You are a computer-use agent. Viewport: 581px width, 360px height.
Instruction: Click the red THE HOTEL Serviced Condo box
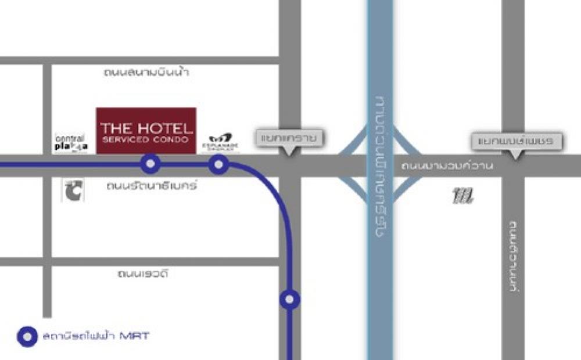[x=146, y=131]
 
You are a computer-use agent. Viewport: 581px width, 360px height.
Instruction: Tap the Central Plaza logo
[x=70, y=143]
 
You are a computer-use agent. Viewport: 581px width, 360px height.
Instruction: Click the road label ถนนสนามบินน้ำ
[x=147, y=73]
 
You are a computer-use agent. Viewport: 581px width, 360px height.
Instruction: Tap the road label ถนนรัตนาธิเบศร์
[x=152, y=186]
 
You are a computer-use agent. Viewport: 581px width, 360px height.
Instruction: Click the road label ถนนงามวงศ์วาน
[x=447, y=167]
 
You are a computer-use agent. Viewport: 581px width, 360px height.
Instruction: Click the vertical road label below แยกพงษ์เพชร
[x=514, y=255]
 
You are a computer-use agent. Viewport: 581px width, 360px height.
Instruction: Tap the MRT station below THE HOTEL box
[x=150, y=165]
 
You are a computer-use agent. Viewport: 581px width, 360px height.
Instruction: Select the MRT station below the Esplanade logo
[x=218, y=165]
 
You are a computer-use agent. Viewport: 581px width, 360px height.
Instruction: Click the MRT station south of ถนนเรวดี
[x=289, y=300]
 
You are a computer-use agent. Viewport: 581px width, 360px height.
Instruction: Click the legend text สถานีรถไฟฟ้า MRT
[x=96, y=336]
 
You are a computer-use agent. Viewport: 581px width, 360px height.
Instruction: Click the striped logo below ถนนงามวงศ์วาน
[x=463, y=196]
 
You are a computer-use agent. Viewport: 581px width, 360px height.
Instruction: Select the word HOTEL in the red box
[x=163, y=128]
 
